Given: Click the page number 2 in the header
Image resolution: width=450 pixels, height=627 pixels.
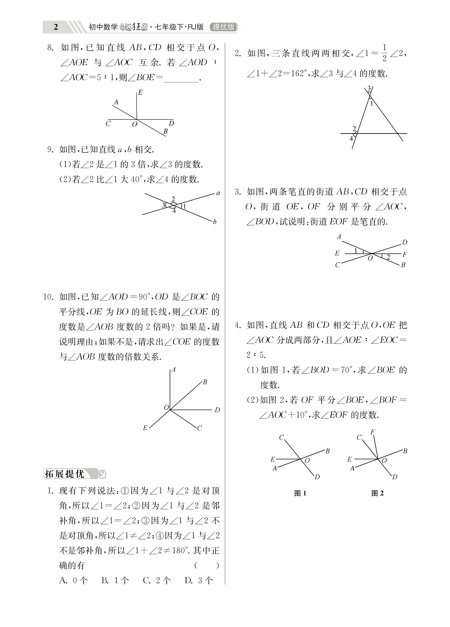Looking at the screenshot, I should coord(56,27).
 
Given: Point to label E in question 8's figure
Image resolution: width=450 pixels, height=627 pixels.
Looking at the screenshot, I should coord(141,93).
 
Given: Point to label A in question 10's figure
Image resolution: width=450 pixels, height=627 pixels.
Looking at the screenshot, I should coord(174,370).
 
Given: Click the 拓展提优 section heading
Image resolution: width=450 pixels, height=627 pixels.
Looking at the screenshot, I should coord(65,474).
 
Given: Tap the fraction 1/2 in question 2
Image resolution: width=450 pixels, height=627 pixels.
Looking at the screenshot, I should coord(384,53).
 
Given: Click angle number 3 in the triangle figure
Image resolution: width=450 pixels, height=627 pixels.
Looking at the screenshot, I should coord(369,89).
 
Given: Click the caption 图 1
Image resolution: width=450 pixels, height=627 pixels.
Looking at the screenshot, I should coord(300,493).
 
